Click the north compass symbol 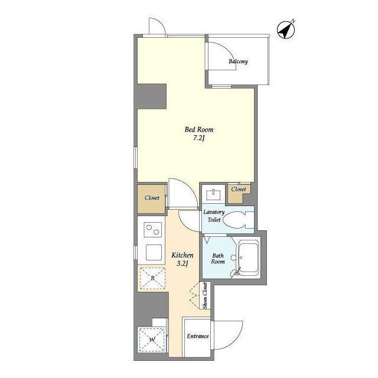pyautogui.click(x=286, y=30)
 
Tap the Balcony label pyautogui.click(x=238, y=61)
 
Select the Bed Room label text pyautogui.click(x=199, y=130)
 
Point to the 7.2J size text pyautogui.click(x=199, y=139)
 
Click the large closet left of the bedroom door pyautogui.click(x=152, y=199)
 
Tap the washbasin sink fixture pyautogui.click(x=213, y=195)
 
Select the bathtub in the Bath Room pyautogui.click(x=248, y=259)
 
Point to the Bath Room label pyautogui.click(x=218, y=259)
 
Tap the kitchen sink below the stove pyautogui.click(x=154, y=252)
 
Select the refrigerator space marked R pyautogui.click(x=152, y=278)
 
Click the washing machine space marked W pyautogui.click(x=152, y=340)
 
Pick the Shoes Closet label pyautogui.click(x=205, y=296)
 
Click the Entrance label pyautogui.click(x=198, y=336)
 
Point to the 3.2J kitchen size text pyautogui.click(x=183, y=264)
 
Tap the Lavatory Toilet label pyautogui.click(x=214, y=216)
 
